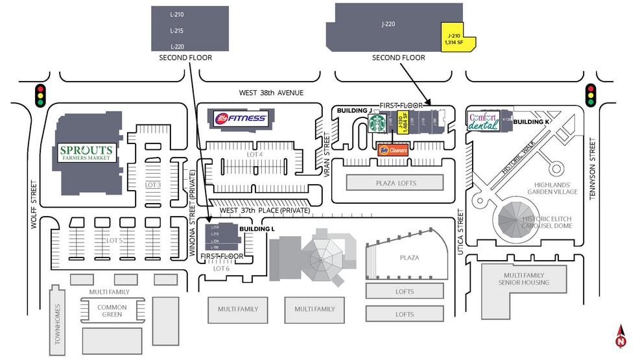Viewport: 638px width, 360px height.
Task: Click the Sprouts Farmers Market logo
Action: pos(87,153)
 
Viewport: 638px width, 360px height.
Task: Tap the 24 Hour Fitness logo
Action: pos(240,118)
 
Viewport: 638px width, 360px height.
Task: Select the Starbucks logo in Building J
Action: pos(377,123)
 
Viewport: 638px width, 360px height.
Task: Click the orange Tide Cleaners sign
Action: pos(392,150)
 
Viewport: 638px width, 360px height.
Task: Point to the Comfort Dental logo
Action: pos(484,121)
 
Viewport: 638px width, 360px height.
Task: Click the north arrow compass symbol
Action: pos(620,336)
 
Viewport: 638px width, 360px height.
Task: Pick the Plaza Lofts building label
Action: pos(396,183)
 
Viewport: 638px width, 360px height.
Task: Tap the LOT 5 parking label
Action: pos(114,241)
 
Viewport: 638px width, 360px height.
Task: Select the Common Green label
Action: pos(112,311)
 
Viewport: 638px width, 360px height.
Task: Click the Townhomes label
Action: pos(58,324)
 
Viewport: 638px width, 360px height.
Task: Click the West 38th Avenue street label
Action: pos(271,93)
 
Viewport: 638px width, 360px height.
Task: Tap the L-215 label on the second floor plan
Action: pos(176,30)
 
